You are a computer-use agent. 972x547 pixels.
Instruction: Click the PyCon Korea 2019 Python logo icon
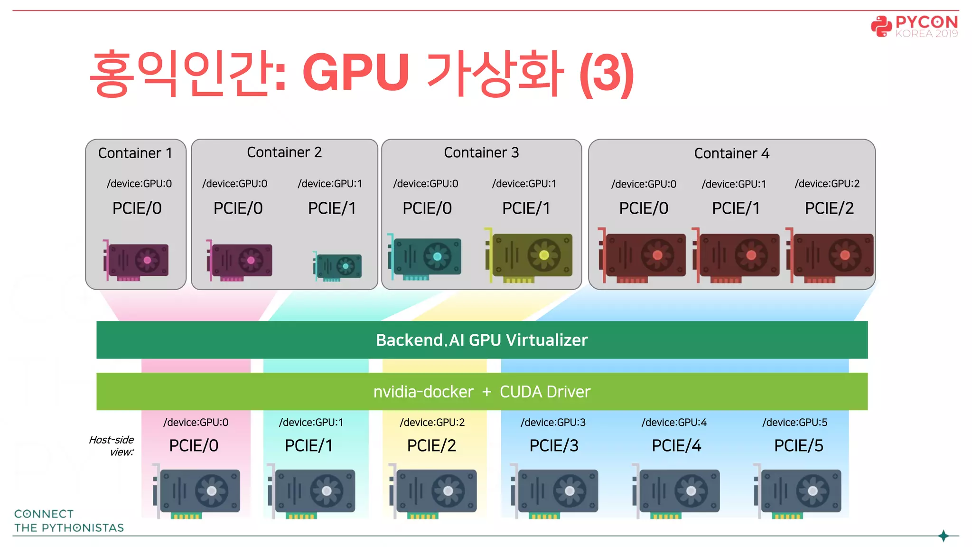click(x=881, y=26)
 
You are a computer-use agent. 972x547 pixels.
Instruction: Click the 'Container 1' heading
click(x=135, y=153)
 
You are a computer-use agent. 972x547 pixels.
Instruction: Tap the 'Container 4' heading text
click(x=731, y=153)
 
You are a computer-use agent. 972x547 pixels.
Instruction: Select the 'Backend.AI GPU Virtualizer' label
click(x=482, y=340)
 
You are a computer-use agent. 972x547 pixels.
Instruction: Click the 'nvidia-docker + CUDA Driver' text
click(x=482, y=392)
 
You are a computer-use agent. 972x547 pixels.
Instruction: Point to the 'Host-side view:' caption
click(x=112, y=446)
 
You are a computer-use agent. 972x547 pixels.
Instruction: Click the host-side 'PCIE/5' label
click(x=798, y=445)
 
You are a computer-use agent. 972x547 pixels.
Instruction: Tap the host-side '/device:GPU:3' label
click(x=553, y=422)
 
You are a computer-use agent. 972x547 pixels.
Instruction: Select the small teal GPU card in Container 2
click(x=338, y=266)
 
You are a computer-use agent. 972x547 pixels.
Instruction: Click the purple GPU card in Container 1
click(x=136, y=261)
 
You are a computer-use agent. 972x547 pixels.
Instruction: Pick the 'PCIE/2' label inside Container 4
click(x=829, y=208)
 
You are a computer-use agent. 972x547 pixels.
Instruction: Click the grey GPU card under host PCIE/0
click(x=197, y=491)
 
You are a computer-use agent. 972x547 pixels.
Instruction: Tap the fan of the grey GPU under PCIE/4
click(x=691, y=491)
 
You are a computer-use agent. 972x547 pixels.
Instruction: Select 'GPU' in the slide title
click(x=355, y=73)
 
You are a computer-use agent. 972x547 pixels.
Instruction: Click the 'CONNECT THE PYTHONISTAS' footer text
click(x=68, y=521)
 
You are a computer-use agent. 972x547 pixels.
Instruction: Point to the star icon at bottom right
click(x=944, y=536)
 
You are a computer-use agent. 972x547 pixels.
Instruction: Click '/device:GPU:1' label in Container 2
click(x=329, y=184)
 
